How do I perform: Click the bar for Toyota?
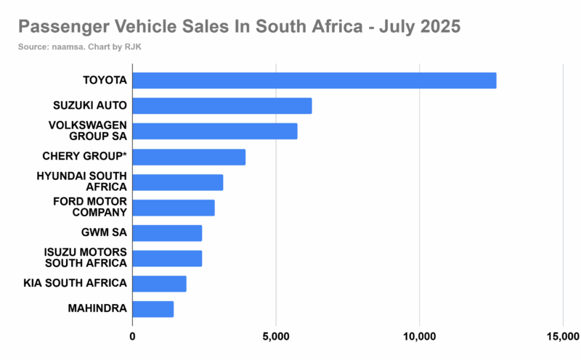point(314,81)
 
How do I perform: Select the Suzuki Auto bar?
point(222,106)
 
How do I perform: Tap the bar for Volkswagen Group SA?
point(214,131)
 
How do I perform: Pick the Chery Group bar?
point(189,157)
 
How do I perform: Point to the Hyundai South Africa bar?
point(177,182)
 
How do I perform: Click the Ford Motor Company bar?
point(173,208)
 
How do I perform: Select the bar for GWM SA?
point(167,233)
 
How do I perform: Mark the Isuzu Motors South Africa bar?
point(167,258)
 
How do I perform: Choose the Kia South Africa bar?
point(159,284)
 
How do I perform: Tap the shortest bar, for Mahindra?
point(153,309)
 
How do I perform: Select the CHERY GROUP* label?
point(86,157)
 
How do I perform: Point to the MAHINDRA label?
point(97,309)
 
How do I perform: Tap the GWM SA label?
point(105,233)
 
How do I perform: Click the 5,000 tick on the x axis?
point(276,336)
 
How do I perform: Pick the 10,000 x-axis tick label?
point(419,336)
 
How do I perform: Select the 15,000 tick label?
point(562,336)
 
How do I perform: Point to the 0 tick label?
point(133,336)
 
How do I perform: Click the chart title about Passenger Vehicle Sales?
point(239,28)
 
